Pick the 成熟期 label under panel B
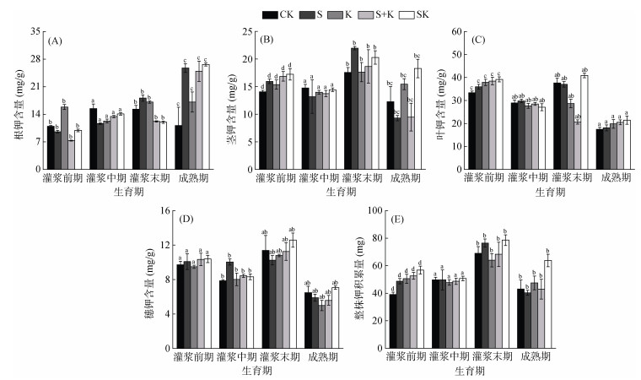pyautogui.click(x=404, y=179)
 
